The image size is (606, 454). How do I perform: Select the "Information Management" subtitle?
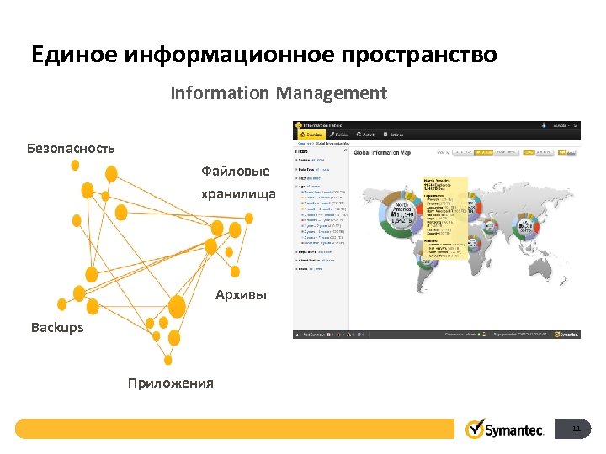click(x=279, y=92)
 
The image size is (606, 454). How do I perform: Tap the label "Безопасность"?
click(x=71, y=148)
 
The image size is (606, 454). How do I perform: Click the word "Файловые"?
click(x=236, y=172)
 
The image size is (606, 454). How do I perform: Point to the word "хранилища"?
click(x=238, y=194)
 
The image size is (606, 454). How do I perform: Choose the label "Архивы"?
click(x=241, y=295)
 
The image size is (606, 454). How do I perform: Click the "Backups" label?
click(x=57, y=327)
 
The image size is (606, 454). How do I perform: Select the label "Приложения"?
click(x=171, y=383)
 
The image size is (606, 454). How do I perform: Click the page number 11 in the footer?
click(x=577, y=430)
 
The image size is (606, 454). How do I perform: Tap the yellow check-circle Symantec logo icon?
click(x=476, y=429)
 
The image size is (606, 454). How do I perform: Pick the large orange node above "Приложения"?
click(x=178, y=307)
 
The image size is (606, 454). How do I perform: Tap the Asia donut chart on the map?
click(x=528, y=228)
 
